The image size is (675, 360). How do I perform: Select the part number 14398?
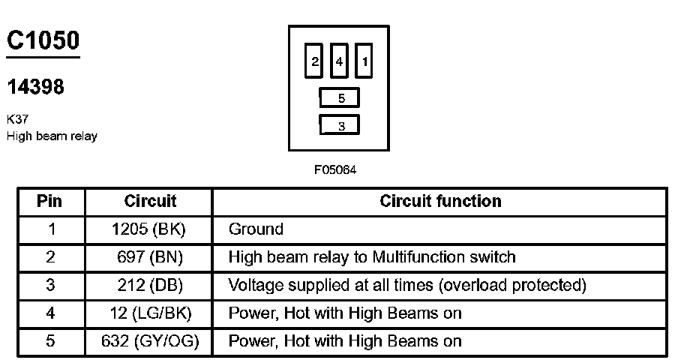35,87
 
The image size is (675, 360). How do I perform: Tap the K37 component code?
17,118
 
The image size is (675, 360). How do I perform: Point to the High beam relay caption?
52,136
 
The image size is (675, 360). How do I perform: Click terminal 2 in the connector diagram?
315,61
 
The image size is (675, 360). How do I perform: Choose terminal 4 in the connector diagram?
339,61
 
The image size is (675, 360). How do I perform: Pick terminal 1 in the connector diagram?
364,61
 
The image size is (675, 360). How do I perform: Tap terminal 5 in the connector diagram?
340,98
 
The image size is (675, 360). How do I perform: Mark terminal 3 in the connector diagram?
340,125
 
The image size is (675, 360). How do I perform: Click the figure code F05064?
335,169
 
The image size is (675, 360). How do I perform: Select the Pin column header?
50,201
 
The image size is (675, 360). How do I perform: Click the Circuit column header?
150,201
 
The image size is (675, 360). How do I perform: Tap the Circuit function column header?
440,201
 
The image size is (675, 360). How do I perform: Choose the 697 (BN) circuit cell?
150,256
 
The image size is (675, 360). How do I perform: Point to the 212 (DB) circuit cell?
150,285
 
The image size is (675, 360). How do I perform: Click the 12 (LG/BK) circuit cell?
150,313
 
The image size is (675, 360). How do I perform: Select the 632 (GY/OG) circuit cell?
150,341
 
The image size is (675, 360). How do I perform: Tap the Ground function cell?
256,229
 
